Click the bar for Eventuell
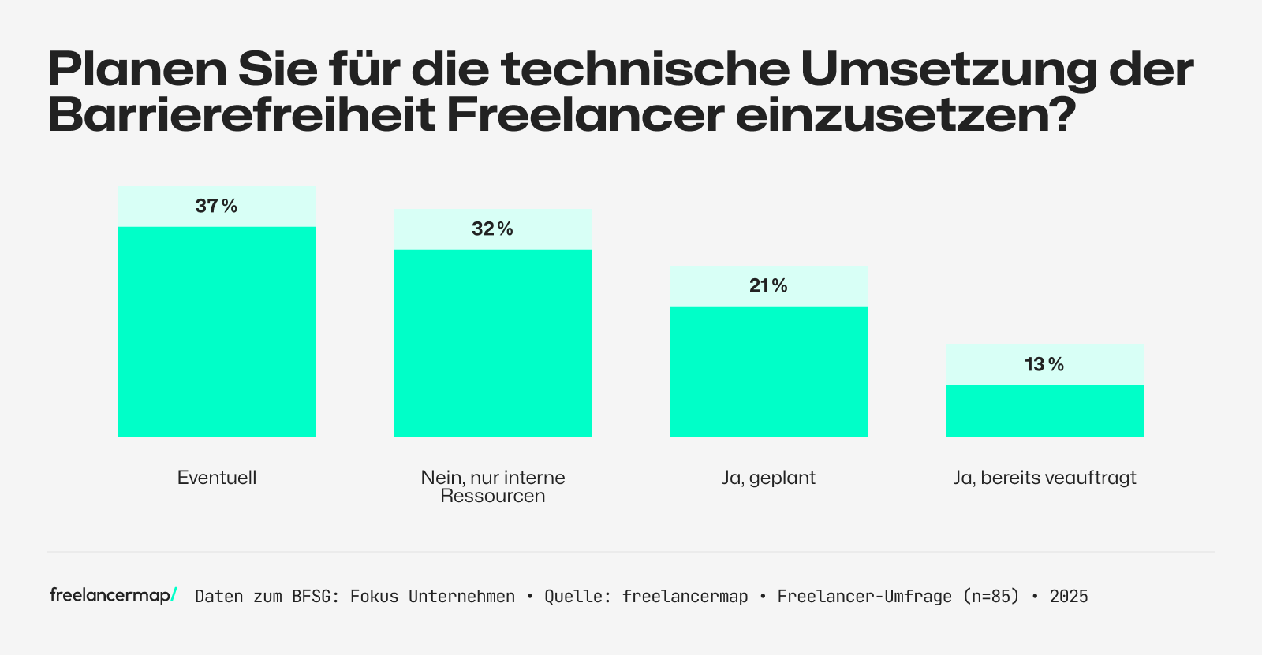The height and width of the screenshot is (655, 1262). pyautogui.click(x=217, y=331)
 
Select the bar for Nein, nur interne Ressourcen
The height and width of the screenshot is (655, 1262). pyautogui.click(x=493, y=343)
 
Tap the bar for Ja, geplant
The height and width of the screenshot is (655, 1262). pyautogui.click(x=769, y=371)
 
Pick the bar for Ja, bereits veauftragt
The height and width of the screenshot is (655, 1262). pyautogui.click(x=1045, y=411)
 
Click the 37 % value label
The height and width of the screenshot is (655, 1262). pyautogui.click(x=217, y=207)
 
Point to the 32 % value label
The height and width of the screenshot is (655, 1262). pyautogui.click(x=493, y=229)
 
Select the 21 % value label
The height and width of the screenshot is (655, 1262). pyautogui.click(x=769, y=286)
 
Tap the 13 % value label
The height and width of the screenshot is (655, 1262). pyautogui.click(x=1045, y=365)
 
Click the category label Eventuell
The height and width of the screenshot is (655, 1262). pyautogui.click(x=217, y=478)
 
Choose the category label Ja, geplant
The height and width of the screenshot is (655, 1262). pyautogui.click(x=769, y=478)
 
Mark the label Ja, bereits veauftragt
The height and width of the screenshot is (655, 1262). pyautogui.click(x=1045, y=478)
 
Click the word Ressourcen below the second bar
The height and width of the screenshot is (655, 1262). pyautogui.click(x=493, y=497)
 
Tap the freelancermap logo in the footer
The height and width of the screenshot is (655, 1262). pyautogui.click(x=113, y=596)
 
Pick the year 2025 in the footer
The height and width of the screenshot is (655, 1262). pyautogui.click(x=1069, y=597)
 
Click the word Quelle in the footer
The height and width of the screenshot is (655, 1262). pyautogui.click(x=573, y=597)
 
